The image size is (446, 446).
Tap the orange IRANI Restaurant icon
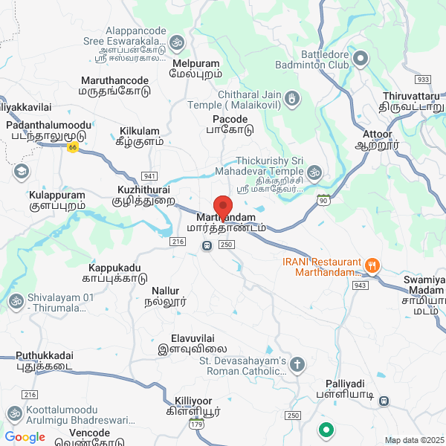click(x=372, y=264)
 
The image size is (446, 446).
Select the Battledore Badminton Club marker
click(x=361, y=57)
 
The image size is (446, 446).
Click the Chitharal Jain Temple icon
click(x=293, y=98)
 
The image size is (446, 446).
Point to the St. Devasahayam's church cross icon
click(x=297, y=364)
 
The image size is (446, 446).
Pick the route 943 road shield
click(x=361, y=285)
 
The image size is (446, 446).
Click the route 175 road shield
click(x=195, y=424)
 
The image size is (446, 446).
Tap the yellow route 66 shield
click(x=72, y=147)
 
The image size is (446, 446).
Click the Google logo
click(x=25, y=437)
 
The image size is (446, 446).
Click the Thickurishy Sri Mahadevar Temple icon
click(x=314, y=173)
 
